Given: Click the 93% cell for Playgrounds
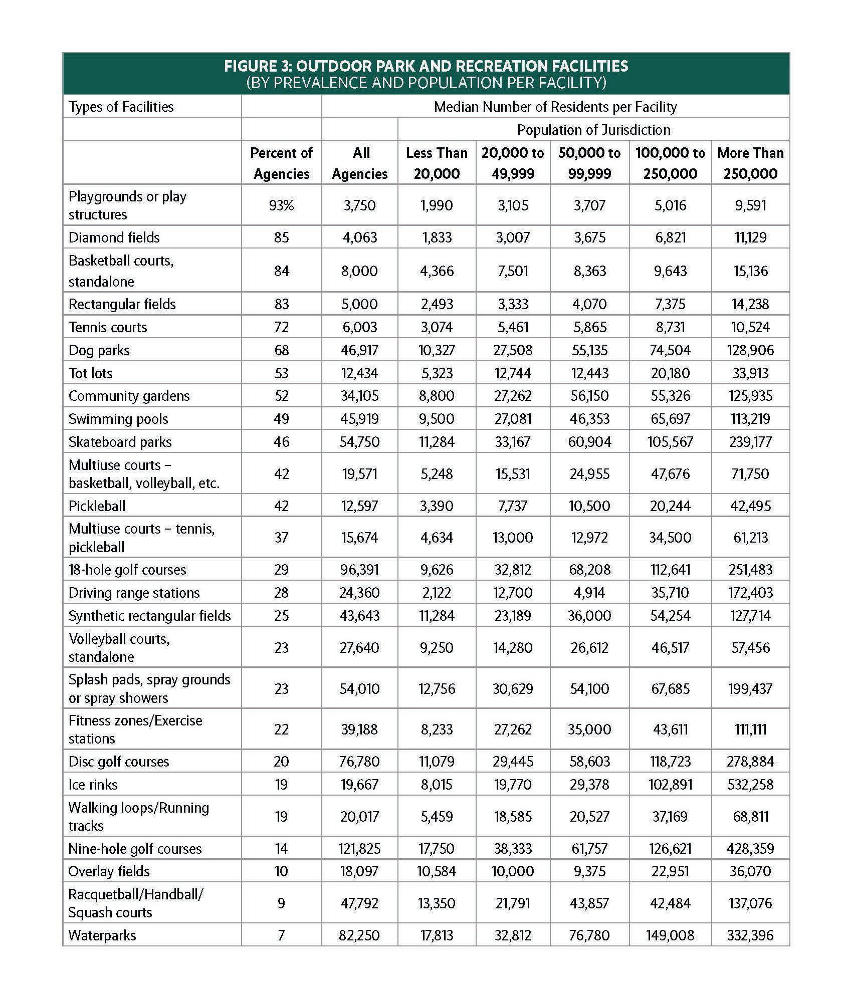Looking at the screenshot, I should pos(281,205).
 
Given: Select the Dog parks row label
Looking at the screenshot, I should pos(99,350).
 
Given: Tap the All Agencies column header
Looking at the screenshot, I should pos(360,163).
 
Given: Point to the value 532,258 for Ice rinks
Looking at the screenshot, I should pos(750,784).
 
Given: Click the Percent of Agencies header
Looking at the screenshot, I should pos(281,163).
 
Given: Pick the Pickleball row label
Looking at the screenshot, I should pos(97,506).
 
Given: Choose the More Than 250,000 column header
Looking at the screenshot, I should pos(750,163).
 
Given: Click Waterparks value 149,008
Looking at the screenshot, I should pos(670,935).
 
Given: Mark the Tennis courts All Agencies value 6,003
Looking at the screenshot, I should pos(360,327).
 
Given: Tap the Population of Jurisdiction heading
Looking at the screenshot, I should pos(593,130).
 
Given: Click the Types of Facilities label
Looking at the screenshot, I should pos(121,107).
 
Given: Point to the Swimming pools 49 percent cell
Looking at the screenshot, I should pos(281,419).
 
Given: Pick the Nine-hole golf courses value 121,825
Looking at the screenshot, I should pos(360,848).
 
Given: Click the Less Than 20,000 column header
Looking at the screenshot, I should pos(437,163).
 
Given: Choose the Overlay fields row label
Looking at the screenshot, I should pos(109,871).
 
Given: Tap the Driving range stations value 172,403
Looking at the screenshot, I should pos(750,593).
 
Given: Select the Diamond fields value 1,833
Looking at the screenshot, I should pos(437,237).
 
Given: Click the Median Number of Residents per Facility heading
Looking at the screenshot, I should pos(555,107).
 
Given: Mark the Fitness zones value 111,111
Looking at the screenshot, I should pos(750,729).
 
